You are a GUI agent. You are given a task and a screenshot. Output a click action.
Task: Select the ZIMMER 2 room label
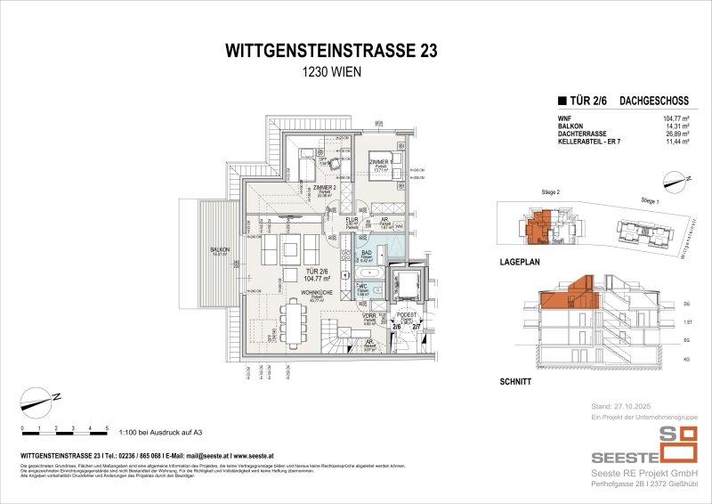click(323, 188)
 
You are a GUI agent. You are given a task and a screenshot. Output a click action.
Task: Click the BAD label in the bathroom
click(366, 253)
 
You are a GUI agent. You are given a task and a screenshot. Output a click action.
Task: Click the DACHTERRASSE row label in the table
click(580, 134)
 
